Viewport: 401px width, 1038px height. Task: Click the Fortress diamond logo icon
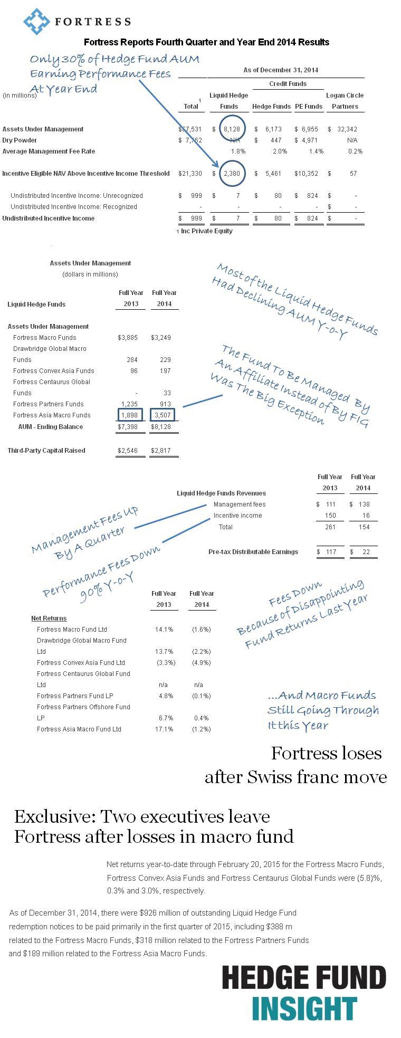click(x=35, y=22)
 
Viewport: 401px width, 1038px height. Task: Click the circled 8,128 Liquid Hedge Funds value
click(x=232, y=129)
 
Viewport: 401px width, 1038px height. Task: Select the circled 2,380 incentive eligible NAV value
click(x=232, y=174)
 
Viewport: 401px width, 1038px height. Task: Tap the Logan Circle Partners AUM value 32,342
click(x=346, y=129)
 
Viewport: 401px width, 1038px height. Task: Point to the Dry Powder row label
click(x=20, y=140)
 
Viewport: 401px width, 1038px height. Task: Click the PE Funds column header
click(x=309, y=107)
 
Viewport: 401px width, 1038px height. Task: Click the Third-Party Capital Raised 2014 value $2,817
click(x=161, y=451)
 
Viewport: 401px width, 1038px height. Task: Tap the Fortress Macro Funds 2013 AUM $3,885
click(x=128, y=338)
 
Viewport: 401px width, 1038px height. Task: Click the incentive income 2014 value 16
click(x=366, y=516)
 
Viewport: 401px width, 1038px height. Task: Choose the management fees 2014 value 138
click(x=364, y=504)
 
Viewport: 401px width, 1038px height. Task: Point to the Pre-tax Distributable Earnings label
click(x=253, y=552)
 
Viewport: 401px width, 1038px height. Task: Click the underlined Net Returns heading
click(x=49, y=618)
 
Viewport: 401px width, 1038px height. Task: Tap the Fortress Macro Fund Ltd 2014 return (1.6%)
click(x=202, y=630)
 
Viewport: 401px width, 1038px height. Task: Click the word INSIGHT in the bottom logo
click(x=304, y=1009)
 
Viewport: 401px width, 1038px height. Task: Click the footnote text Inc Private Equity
click(x=206, y=231)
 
